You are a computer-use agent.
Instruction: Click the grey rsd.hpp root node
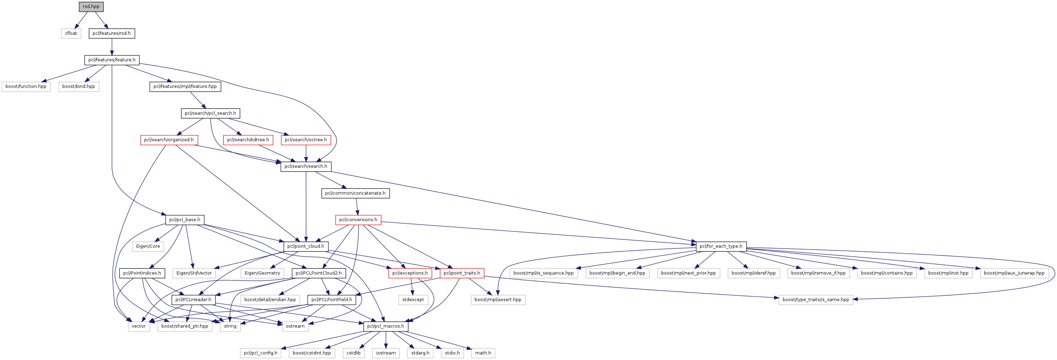click(91, 7)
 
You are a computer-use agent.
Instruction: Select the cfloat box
click(71, 33)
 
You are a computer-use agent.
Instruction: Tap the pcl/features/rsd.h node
click(112, 33)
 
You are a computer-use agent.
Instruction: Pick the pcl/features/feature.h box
click(112, 60)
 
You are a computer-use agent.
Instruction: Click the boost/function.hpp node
click(26, 86)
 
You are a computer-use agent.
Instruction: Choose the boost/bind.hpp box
click(78, 86)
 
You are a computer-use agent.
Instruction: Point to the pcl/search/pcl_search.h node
click(210, 113)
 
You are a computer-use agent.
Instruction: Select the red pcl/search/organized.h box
click(169, 140)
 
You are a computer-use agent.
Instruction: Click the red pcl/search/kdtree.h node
click(248, 140)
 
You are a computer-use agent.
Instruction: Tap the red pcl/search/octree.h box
click(306, 140)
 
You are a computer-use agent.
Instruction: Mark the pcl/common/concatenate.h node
click(355, 193)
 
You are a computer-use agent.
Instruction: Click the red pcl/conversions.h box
click(358, 220)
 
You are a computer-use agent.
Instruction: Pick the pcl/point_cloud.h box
click(306, 246)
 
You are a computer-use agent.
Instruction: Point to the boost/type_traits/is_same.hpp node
click(815, 300)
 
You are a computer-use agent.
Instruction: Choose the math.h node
click(483, 353)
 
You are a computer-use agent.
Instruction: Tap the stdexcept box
click(413, 300)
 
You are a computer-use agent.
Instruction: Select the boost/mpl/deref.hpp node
click(753, 273)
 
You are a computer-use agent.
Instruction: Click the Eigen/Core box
click(148, 246)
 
